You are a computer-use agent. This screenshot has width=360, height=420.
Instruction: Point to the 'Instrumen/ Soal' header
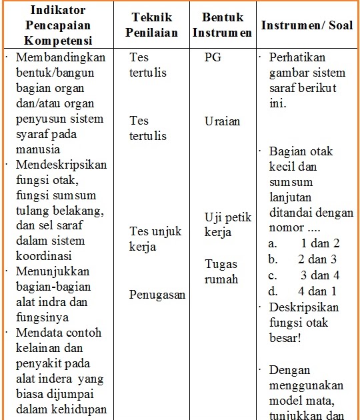(307, 25)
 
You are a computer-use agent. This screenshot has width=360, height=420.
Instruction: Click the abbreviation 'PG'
(213, 57)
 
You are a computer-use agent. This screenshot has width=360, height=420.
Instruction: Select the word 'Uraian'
(223, 121)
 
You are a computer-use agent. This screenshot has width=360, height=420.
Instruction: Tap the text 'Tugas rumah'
(221, 271)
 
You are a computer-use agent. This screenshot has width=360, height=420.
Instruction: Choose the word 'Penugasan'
(157, 295)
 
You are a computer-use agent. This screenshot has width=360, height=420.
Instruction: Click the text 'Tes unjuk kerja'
(155, 239)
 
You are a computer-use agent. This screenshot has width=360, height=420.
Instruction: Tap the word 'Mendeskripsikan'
(62, 164)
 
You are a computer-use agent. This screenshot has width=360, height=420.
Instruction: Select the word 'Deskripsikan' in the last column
(304, 307)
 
